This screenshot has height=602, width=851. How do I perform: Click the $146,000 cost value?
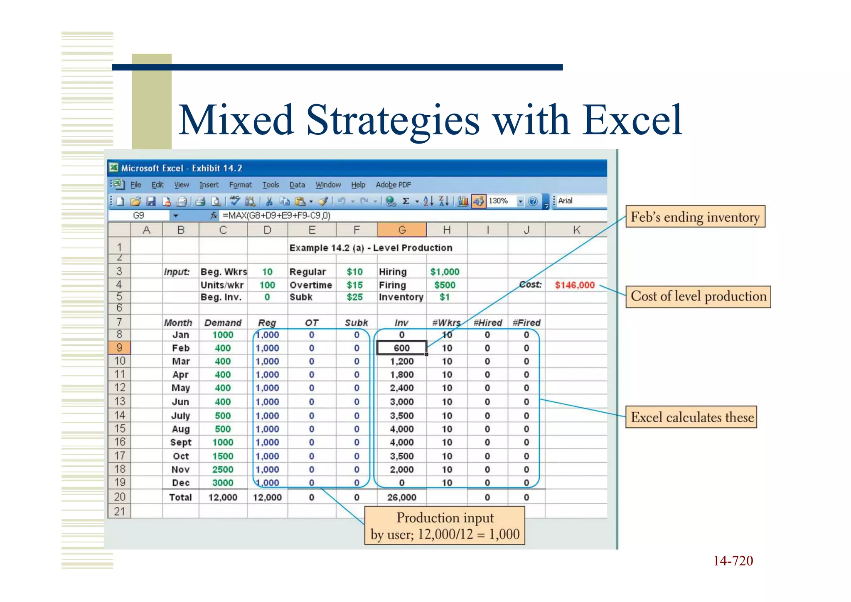click(575, 285)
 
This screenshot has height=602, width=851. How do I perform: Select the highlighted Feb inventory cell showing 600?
click(401, 348)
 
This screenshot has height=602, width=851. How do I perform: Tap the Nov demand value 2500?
click(223, 469)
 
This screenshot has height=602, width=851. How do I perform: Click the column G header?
click(401, 230)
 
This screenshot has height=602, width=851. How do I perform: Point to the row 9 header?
click(119, 348)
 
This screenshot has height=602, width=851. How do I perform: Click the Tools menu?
click(271, 185)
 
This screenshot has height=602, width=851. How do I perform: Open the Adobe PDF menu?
click(393, 185)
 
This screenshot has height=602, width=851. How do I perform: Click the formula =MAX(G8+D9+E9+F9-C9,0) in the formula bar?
click(276, 216)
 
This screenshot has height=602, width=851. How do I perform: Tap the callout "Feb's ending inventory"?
click(695, 217)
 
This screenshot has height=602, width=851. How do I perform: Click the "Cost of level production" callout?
click(698, 296)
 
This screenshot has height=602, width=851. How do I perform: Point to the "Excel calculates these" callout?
click(692, 417)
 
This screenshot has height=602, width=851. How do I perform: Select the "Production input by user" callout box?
click(445, 526)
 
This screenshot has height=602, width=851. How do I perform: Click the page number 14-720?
click(733, 561)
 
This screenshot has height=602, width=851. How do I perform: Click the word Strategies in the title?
click(393, 121)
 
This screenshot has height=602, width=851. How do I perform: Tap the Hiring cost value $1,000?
click(445, 272)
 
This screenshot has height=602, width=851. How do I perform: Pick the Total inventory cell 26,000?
click(401, 497)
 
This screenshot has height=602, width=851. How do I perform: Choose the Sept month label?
click(181, 442)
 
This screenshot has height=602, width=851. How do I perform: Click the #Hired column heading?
click(487, 323)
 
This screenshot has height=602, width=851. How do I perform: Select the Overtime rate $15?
click(354, 285)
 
